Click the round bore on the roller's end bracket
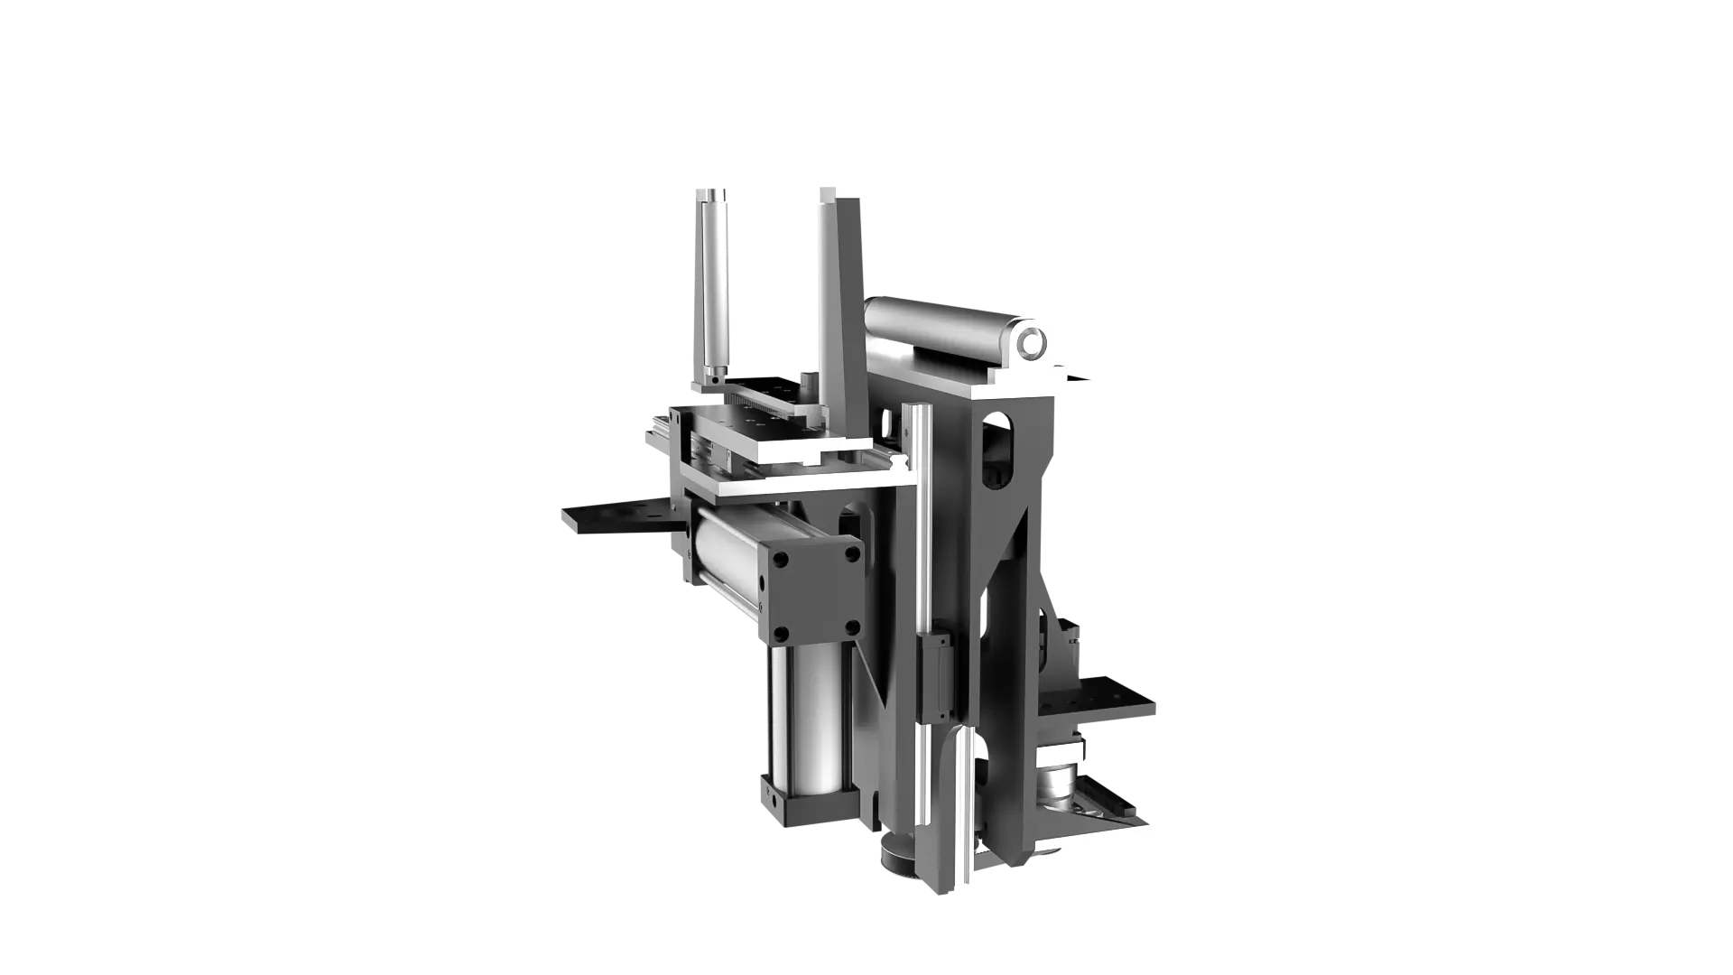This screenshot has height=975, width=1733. pos(1031,342)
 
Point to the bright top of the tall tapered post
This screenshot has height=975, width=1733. pos(841,189)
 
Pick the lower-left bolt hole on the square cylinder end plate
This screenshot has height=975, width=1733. pos(782,633)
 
